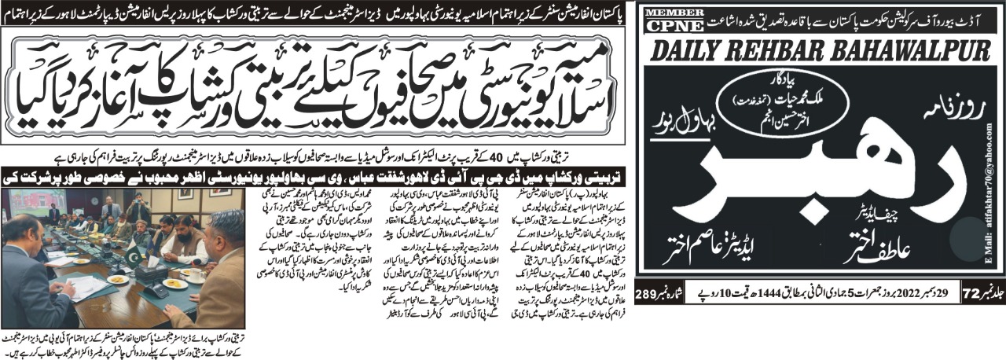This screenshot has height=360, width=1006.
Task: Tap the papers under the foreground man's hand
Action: (x=86, y=285)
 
